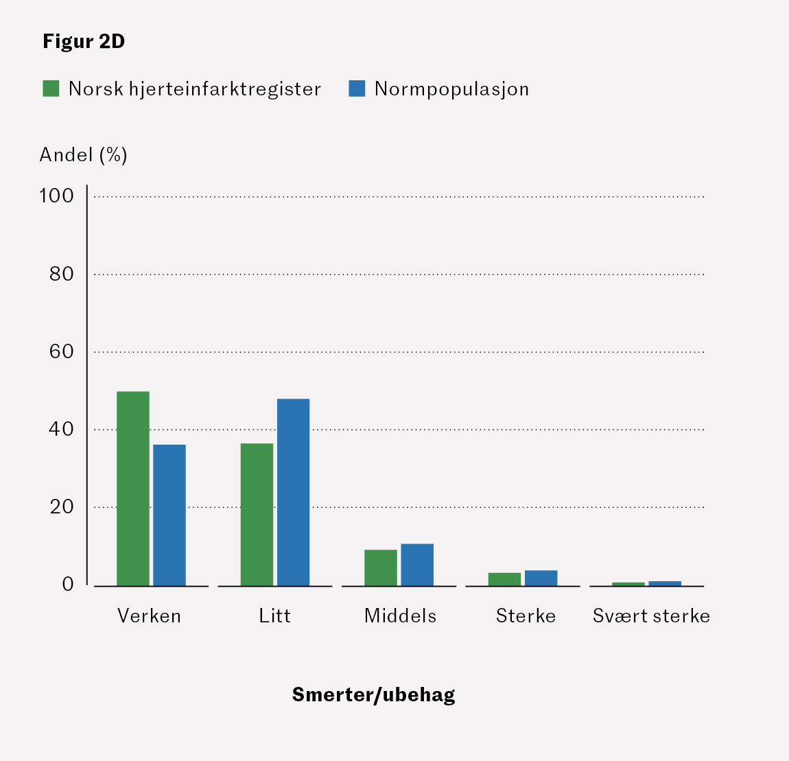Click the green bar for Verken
133,489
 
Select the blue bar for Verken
169,515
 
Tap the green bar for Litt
257,515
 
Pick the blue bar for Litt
293,492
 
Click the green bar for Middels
381,567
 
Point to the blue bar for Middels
417,565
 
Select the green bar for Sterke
504,579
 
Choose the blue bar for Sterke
541,578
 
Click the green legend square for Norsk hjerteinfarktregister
51,89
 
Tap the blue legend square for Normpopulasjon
357,89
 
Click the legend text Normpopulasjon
451,89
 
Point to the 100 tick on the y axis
56,196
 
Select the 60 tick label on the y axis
61,351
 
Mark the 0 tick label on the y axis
67,585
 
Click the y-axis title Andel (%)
83,155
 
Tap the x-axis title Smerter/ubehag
373,694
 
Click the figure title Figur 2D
84,42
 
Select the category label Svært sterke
651,616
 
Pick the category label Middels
400,616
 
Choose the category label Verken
149,616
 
